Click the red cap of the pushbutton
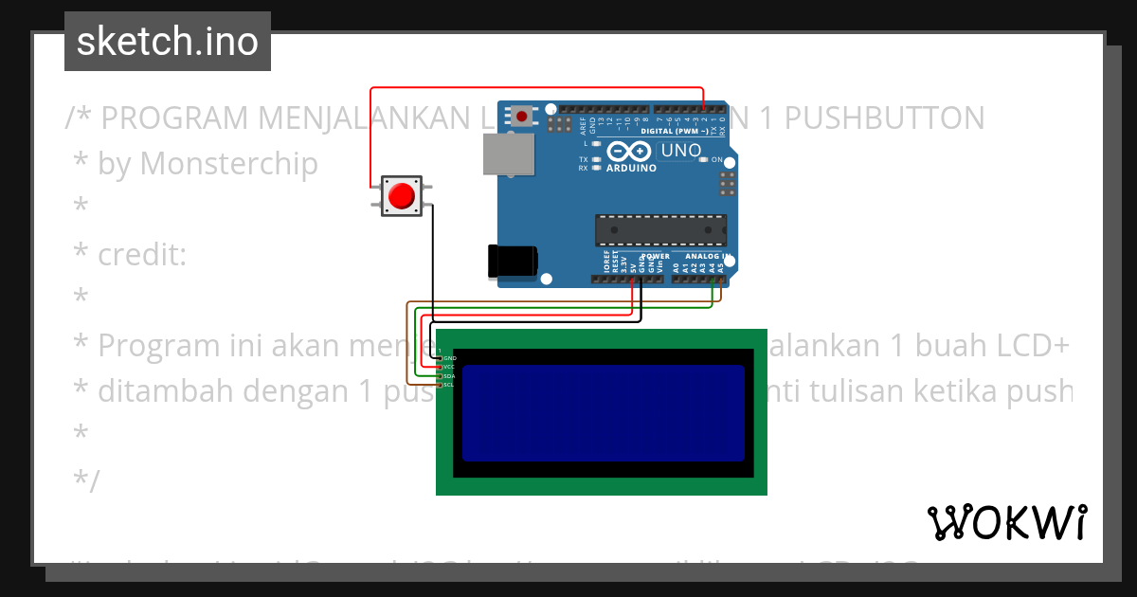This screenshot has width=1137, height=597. coord(403,196)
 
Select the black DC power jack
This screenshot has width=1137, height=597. coord(513,262)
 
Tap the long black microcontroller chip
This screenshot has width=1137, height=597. coord(661,230)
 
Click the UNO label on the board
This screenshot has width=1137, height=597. coord(680,151)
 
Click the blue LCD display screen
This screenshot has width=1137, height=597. coord(604,412)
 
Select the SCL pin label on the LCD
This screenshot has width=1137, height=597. coord(449,385)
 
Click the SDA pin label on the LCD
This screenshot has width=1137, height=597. coord(449,376)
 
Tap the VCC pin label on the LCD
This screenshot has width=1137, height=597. coord(449,367)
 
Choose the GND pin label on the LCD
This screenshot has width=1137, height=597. coord(449,358)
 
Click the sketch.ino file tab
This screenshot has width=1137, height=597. coord(168,42)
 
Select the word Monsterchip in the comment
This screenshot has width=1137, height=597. coord(229,163)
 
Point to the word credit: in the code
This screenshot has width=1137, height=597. coord(142,254)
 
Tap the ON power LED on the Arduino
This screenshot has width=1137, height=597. coord(704,160)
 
